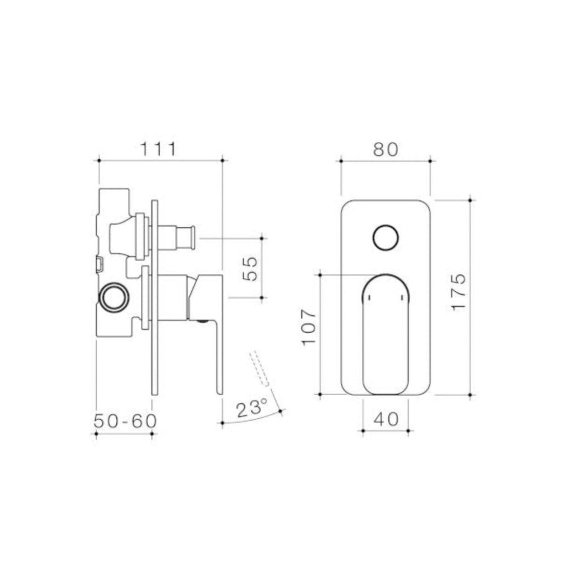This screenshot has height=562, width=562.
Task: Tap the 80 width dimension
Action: pyautogui.click(x=385, y=149)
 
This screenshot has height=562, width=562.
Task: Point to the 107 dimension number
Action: pyautogui.click(x=310, y=328)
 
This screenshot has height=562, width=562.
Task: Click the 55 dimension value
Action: pyautogui.click(x=250, y=268)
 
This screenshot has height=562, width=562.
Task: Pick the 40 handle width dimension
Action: pyautogui.click(x=385, y=419)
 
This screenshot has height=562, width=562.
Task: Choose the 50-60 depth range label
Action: pyautogui.click(x=125, y=421)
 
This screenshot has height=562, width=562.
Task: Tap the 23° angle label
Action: pyautogui.click(x=251, y=409)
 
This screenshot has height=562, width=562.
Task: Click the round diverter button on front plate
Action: pyautogui.click(x=385, y=238)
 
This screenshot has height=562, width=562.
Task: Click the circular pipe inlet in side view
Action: pyautogui.click(x=114, y=298)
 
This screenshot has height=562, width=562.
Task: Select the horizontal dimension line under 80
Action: pyautogui.click(x=385, y=160)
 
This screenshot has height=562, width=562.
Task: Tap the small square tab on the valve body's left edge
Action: pyautogui.click(x=99, y=265)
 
